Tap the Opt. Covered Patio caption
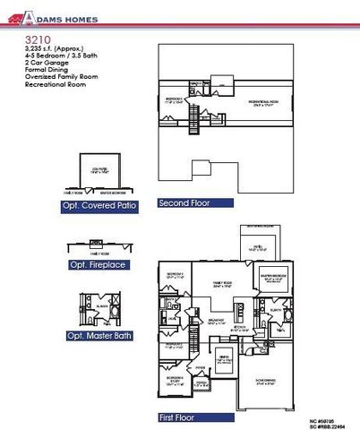(100, 205)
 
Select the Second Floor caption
(183, 203)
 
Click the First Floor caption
(178, 416)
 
